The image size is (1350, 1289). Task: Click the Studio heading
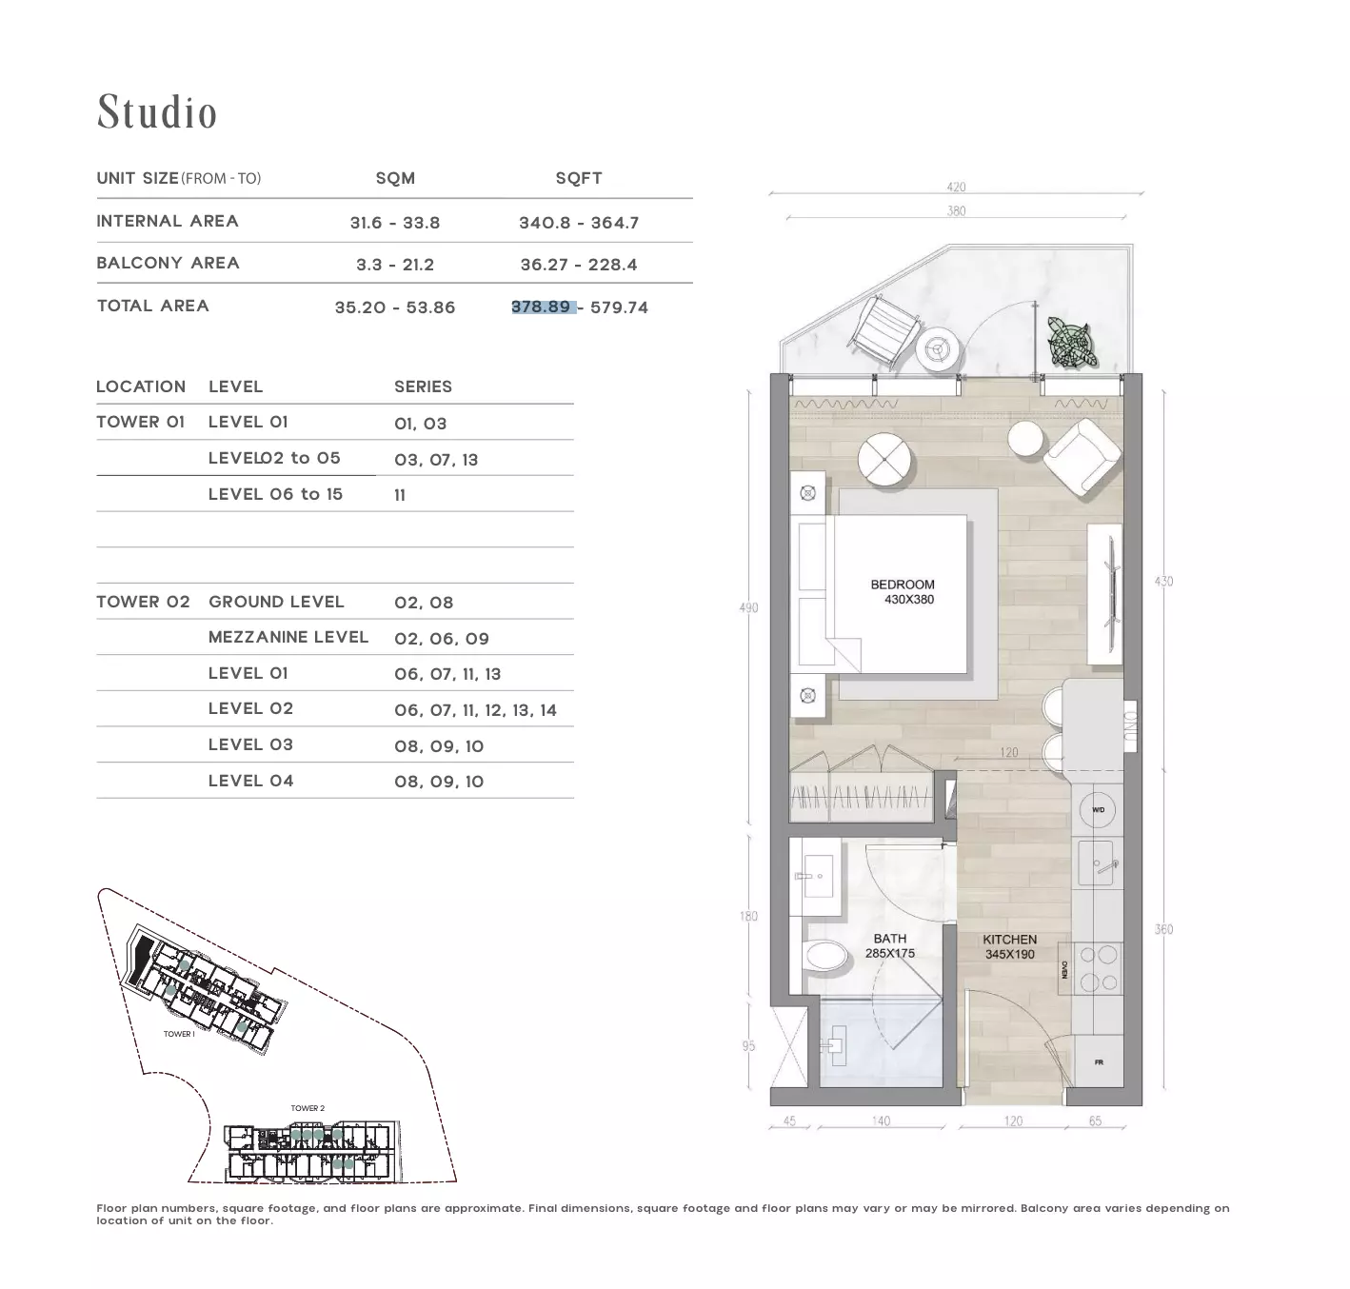pos(157,111)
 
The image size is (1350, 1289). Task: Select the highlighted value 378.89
pos(541,307)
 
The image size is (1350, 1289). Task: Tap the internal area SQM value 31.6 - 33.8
pos(395,223)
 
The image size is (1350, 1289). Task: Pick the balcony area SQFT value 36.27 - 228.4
pos(579,265)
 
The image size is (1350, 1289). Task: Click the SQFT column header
pos(579,178)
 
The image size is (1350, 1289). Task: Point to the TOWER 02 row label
pos(143,602)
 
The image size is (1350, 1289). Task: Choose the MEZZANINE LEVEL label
pos(288,637)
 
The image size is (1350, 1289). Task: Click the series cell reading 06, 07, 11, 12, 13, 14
pos(475,710)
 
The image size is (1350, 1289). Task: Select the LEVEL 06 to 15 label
pos(275,494)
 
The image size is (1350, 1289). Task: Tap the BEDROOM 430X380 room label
pos(903,592)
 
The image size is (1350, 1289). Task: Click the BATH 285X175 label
pos(890,945)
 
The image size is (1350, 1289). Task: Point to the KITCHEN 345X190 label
pos(1009,946)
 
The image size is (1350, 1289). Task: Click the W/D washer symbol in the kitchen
pos(1098,809)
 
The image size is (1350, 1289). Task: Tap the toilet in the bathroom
pos(824,955)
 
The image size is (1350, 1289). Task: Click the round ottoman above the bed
pos(883,459)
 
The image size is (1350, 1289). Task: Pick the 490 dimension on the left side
pos(748,607)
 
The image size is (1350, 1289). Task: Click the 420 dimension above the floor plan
pos(956,187)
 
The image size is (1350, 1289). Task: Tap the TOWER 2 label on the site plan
pos(308,1108)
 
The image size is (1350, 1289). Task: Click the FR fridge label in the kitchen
pos(1099,1062)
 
